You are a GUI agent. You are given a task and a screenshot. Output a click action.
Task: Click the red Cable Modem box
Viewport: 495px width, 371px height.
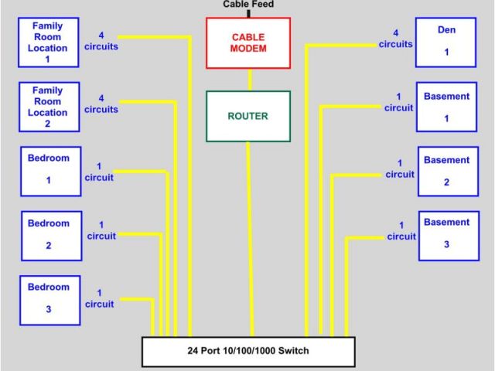[x=248, y=43]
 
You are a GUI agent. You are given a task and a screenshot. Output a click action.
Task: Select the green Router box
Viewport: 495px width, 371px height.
[x=248, y=117]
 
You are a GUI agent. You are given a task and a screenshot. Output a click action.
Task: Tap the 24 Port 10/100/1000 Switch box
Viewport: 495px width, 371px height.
[x=248, y=352]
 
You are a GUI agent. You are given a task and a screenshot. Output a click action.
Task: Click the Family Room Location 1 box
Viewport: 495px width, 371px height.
[x=49, y=43]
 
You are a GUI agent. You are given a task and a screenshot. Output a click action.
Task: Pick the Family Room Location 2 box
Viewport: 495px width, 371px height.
[x=49, y=107]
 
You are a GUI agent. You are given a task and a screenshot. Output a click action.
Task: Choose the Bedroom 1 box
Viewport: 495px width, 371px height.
[x=49, y=170]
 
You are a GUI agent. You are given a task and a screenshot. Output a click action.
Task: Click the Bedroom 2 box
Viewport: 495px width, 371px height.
[x=49, y=235]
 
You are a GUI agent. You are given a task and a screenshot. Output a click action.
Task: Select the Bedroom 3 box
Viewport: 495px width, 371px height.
[x=49, y=298]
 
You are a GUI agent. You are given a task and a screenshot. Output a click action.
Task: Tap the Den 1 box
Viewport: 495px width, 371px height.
[x=445, y=42]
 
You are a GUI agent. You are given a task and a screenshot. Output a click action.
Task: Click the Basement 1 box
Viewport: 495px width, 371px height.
[x=446, y=107]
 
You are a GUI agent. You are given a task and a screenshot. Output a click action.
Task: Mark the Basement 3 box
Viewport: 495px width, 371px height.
[x=445, y=234]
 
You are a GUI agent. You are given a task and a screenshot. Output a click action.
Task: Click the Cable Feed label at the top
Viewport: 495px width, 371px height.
[x=248, y=5]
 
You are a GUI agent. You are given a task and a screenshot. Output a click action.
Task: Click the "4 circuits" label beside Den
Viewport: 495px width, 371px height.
[x=395, y=39]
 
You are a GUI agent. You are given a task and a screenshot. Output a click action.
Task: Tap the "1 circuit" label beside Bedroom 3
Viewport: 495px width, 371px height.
[x=99, y=298]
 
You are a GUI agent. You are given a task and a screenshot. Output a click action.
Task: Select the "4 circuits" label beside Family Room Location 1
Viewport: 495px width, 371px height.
[x=101, y=40]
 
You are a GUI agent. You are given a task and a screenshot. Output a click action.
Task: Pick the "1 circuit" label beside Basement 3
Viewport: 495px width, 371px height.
[x=401, y=231]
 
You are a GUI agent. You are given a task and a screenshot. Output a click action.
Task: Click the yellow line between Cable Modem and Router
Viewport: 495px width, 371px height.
[x=249, y=80]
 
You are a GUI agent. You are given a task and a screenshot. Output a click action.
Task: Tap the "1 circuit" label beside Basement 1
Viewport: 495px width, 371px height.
[x=398, y=103]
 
